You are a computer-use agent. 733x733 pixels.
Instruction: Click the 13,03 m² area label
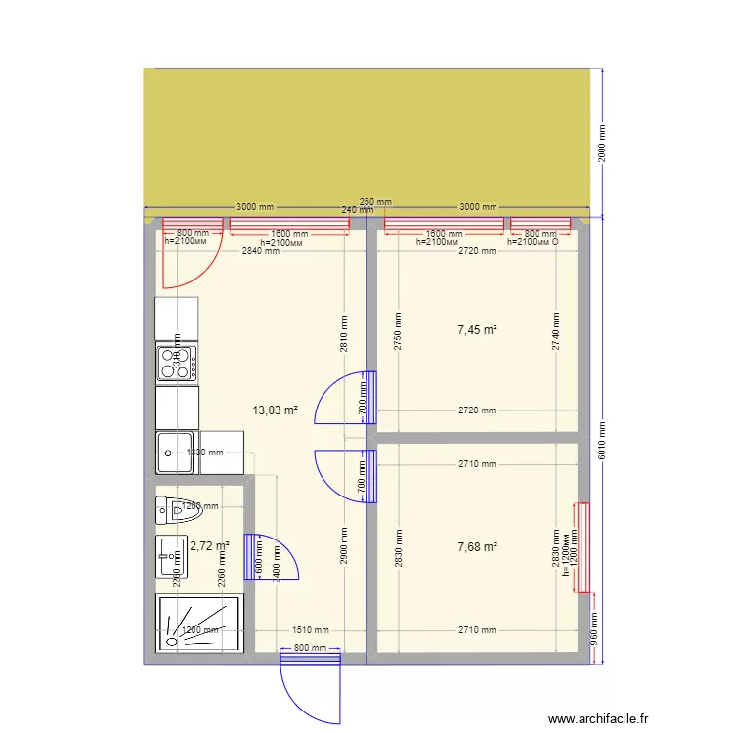click(x=276, y=410)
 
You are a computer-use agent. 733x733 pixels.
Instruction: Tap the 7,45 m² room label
click(x=477, y=330)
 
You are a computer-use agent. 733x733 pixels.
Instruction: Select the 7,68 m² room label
click(x=477, y=546)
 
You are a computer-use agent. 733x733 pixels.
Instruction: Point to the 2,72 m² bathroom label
click(x=209, y=547)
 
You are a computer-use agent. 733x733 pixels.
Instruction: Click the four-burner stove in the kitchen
click(x=178, y=364)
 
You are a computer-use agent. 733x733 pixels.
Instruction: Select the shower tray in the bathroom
click(x=198, y=624)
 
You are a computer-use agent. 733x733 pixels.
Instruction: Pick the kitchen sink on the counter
click(x=176, y=453)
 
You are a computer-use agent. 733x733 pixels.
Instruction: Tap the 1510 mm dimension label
click(x=311, y=631)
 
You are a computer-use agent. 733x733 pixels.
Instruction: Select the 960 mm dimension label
click(x=594, y=633)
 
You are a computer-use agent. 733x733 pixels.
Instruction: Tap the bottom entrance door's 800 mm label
click(x=309, y=649)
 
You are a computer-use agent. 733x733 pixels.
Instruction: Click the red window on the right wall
click(x=582, y=547)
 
